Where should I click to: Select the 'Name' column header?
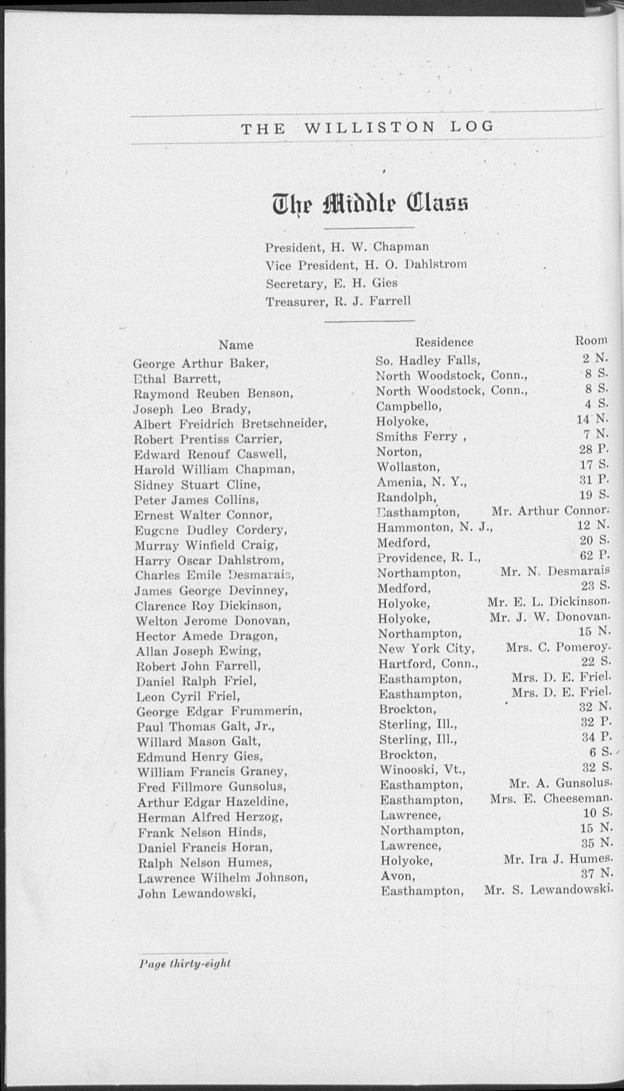click(x=236, y=345)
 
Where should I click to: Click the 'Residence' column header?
click(x=444, y=342)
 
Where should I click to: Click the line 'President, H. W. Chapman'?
click(x=347, y=247)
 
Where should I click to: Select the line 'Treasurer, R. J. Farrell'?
click(x=338, y=302)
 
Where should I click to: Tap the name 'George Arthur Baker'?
click(x=201, y=364)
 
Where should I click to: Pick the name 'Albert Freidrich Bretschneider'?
click(x=230, y=424)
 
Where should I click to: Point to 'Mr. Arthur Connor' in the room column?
click(x=550, y=511)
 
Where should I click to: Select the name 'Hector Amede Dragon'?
click(x=206, y=636)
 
